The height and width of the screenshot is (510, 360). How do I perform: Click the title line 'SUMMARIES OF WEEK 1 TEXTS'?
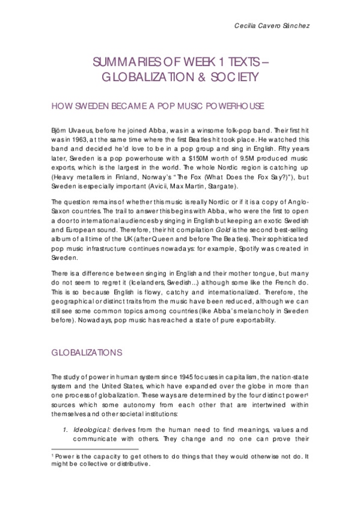click(180, 62)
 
